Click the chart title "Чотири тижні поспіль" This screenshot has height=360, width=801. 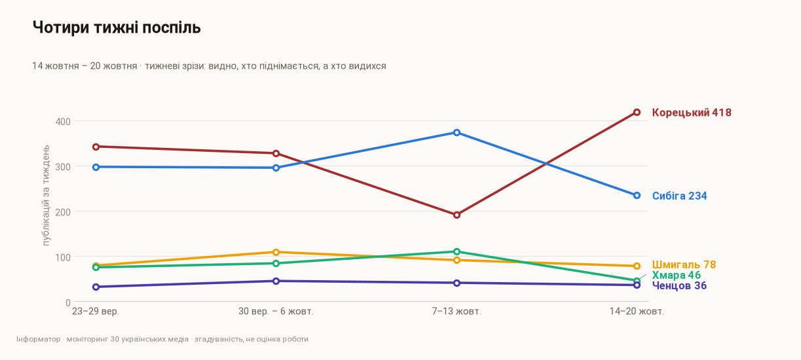click(117, 27)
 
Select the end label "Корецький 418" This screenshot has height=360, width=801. click(692, 113)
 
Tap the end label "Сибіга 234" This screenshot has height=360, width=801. click(679, 196)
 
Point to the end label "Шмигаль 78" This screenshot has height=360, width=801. click(684, 264)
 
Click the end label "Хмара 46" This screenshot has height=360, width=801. click(676, 275)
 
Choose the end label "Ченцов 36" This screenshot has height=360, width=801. click(679, 285)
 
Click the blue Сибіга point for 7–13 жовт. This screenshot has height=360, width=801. click(456, 133)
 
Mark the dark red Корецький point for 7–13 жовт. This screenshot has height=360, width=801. click(456, 215)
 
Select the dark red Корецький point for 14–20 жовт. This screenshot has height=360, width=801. click(637, 112)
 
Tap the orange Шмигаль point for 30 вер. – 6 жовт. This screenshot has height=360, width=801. click(276, 252)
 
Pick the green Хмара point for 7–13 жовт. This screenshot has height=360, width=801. click(456, 252)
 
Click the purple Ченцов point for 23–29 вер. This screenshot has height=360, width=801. click(96, 287)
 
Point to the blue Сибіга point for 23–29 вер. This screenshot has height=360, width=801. click(96, 167)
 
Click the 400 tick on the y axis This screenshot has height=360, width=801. click(63, 122)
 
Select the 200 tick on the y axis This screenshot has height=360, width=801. click(63, 212)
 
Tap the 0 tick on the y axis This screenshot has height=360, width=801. click(68, 303)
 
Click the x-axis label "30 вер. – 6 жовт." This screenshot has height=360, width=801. click(276, 312)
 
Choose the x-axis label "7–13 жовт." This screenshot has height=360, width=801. click(456, 312)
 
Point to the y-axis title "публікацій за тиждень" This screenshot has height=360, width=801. click(46, 195)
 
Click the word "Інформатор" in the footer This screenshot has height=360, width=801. click(38, 339)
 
